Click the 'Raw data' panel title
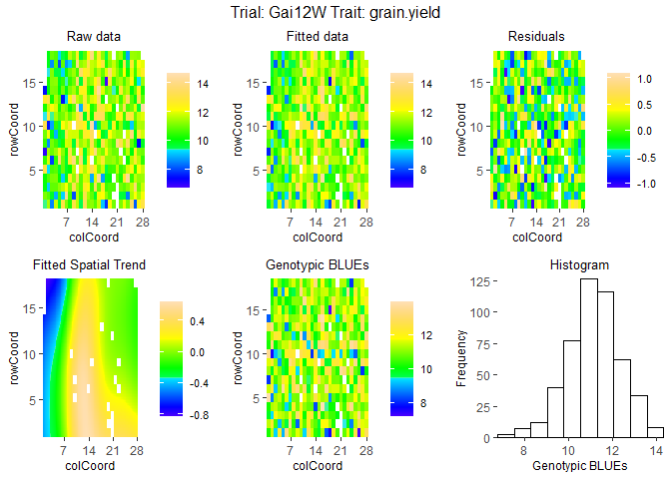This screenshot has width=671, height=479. tap(94, 37)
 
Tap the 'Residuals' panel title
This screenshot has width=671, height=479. tap(536, 37)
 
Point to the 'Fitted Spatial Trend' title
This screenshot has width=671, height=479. tap(89, 265)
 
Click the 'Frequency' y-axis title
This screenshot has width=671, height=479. tap(461, 357)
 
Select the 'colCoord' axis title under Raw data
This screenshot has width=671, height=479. tap(94, 238)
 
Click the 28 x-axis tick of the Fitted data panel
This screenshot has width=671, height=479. tap(364, 223)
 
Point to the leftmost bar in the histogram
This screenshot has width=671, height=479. tap(504, 436)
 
